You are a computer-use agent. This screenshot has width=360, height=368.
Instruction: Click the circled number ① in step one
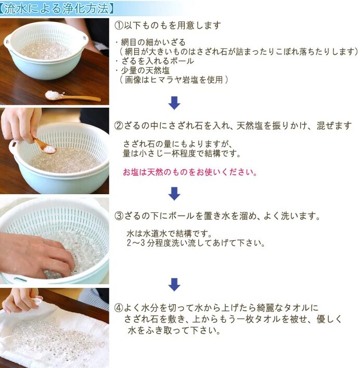pyautogui.click(x=119, y=26)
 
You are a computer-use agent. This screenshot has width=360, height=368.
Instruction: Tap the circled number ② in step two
pyautogui.click(x=119, y=125)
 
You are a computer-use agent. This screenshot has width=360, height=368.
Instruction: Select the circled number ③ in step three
pyautogui.click(x=119, y=215)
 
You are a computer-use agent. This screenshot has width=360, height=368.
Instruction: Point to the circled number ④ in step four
pyautogui.click(x=119, y=308)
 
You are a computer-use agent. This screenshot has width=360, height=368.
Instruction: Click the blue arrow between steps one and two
pyautogui.click(x=174, y=103)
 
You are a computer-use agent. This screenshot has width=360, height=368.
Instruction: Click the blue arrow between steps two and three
pyautogui.click(x=174, y=194)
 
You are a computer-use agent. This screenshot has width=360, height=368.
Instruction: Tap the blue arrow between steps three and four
pyautogui.click(x=174, y=284)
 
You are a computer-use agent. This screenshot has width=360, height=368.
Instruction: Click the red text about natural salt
pyautogui.click(x=190, y=172)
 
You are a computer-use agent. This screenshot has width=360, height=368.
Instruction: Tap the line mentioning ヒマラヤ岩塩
pyautogui.click(x=174, y=80)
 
